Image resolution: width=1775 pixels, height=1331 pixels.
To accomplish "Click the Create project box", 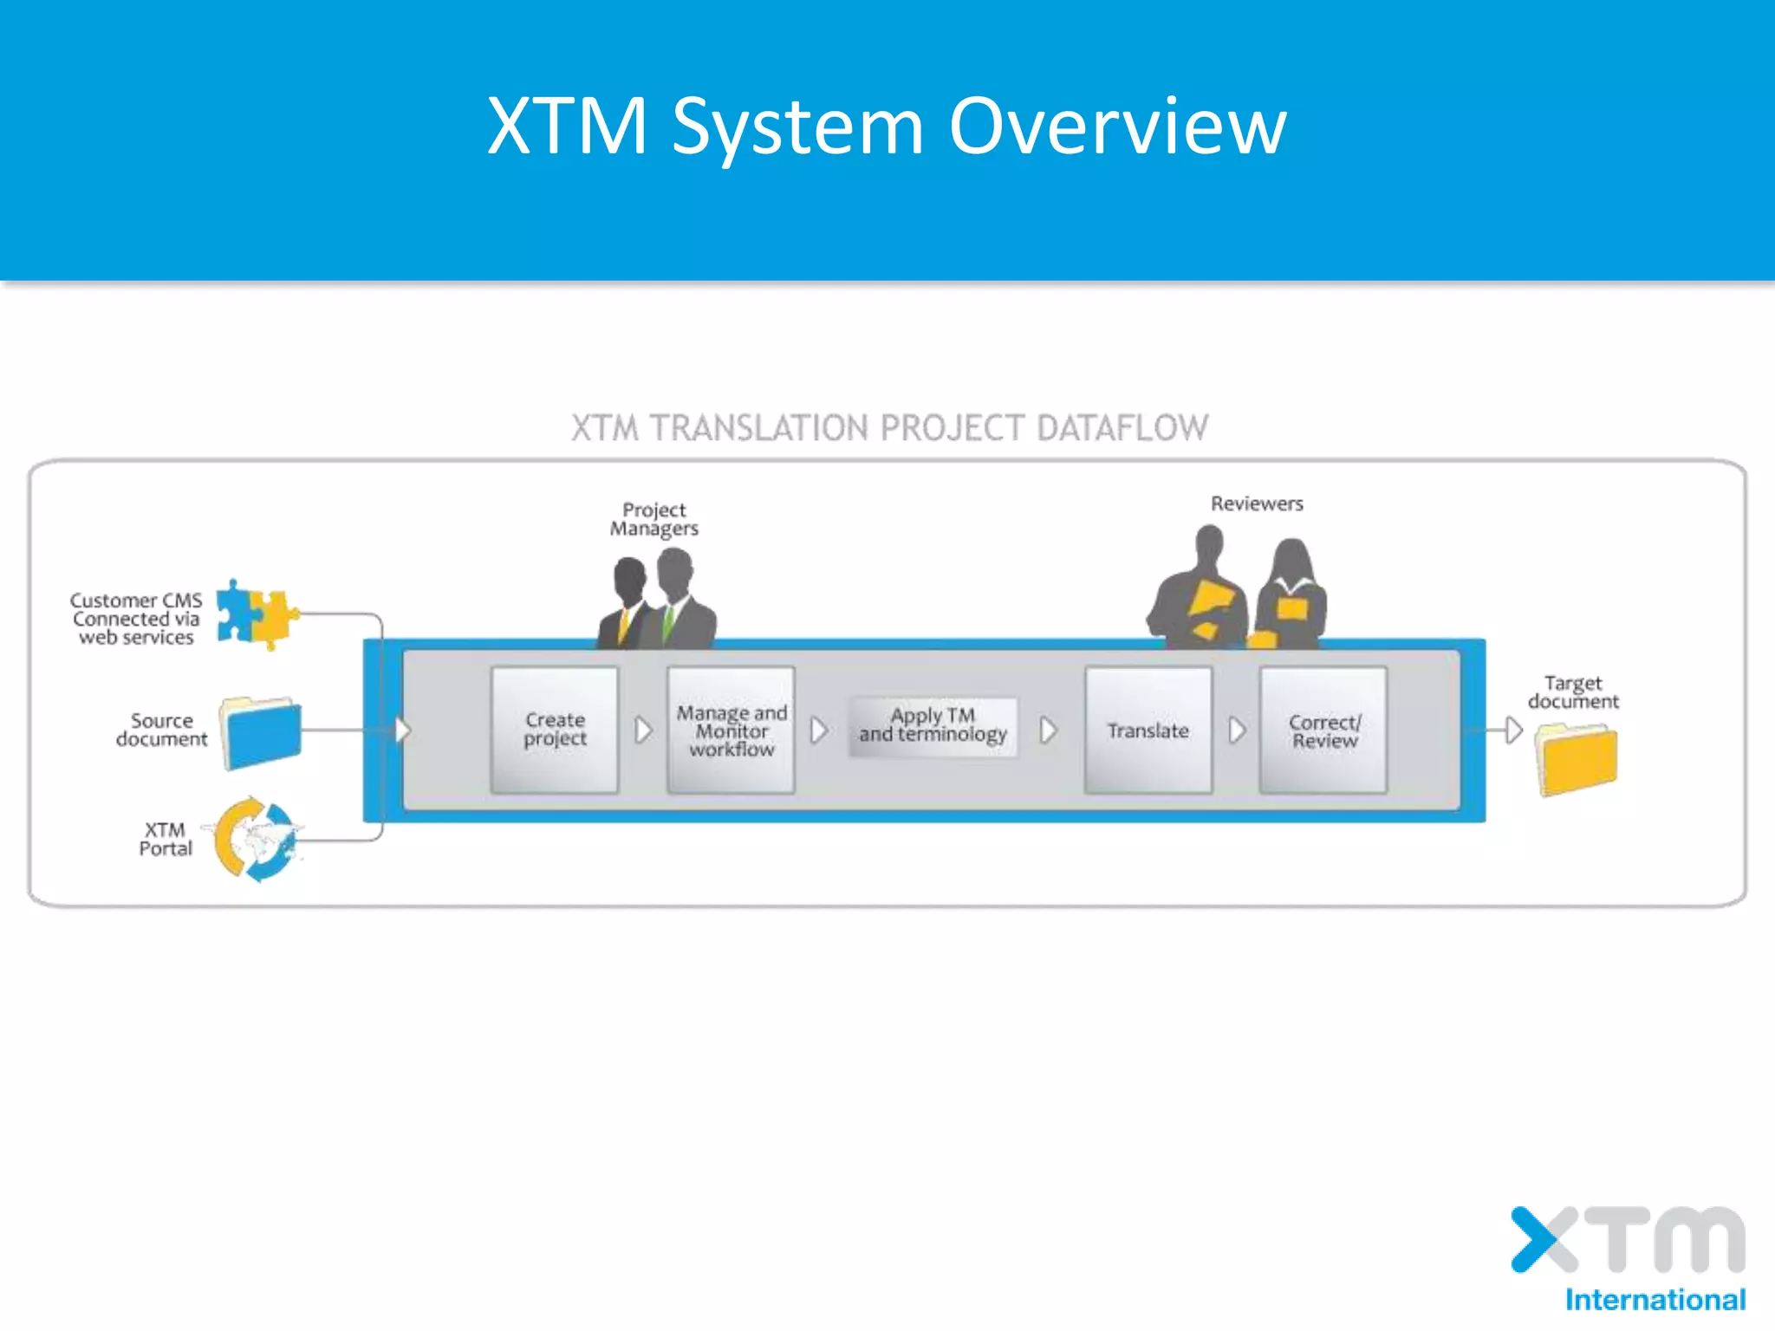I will (555, 730).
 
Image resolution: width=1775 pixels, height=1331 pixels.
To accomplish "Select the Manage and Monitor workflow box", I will (731, 730).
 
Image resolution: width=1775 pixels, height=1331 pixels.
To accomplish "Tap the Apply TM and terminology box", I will (933, 726).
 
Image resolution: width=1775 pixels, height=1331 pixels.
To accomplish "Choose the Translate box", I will (1148, 730).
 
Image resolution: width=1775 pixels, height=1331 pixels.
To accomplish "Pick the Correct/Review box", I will (1323, 730).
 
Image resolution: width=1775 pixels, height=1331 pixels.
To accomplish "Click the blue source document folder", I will (261, 733).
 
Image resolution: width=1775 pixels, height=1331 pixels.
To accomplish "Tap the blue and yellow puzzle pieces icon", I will (256, 614).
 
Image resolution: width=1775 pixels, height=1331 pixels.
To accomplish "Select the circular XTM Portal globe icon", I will (255, 839).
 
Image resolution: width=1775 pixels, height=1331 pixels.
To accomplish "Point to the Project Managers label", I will (653, 519).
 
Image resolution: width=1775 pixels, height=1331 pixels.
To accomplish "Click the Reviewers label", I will (1257, 503).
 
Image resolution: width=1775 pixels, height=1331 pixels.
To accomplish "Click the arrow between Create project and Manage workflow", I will (643, 730).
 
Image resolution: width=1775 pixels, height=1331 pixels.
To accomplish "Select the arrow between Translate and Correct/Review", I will (1237, 730).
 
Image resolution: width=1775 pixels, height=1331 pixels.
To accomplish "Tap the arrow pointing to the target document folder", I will (1512, 730).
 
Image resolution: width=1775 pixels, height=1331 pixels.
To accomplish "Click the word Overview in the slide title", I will (1117, 127).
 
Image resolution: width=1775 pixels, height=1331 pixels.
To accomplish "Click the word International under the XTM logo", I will (1655, 1300).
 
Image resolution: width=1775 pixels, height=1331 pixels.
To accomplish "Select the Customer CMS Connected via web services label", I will (136, 619).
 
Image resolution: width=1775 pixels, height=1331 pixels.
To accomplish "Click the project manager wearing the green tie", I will (679, 598).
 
